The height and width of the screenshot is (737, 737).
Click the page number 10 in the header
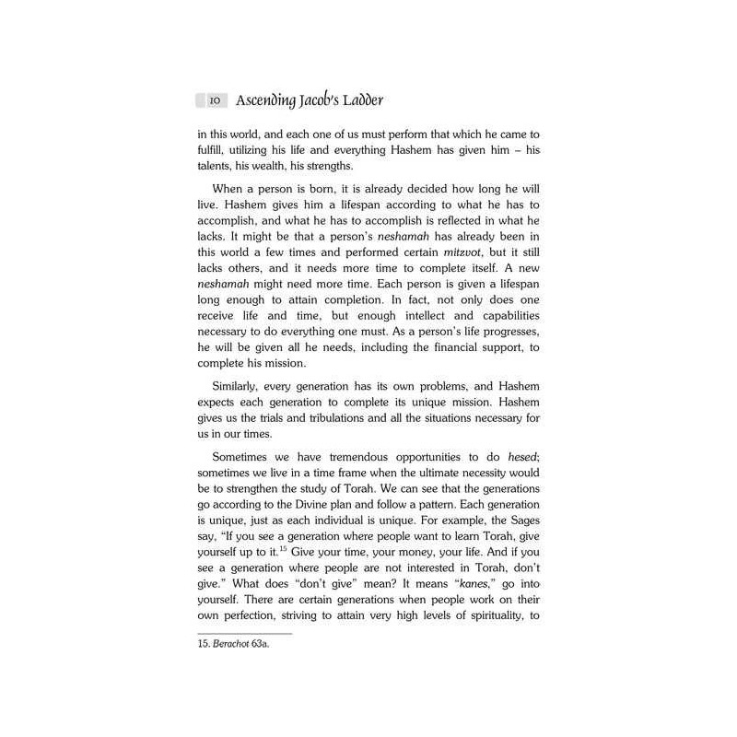pos(213,99)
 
